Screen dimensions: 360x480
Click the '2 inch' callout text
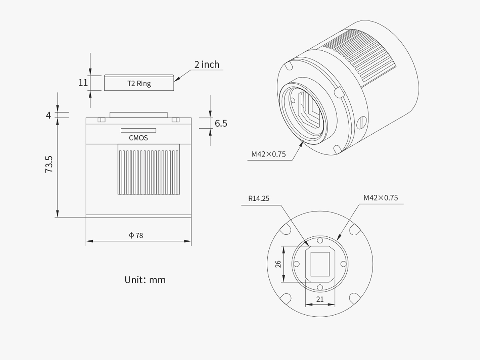pos(206,64)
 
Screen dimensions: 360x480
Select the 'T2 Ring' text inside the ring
pos(139,84)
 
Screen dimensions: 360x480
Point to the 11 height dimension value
pos(83,83)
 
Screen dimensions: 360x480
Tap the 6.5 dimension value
pos(221,123)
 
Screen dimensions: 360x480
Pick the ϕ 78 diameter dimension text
pos(136,236)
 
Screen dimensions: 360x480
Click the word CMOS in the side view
pos(138,138)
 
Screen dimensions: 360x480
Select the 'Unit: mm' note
pos(145,280)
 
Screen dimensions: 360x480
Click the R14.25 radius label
pos(259,198)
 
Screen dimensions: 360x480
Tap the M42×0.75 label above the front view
pos(380,198)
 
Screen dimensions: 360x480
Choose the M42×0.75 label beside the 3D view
pos(268,154)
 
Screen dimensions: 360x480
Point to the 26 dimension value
pos(278,264)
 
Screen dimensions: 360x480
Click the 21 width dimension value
pos(320,299)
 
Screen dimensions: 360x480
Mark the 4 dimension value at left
pos(48,115)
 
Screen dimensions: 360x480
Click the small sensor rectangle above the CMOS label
pos(138,130)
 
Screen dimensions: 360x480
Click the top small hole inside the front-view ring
pos(320,241)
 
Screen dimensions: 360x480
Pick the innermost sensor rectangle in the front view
pos(320,264)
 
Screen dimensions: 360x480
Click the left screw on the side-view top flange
pos(101,120)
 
